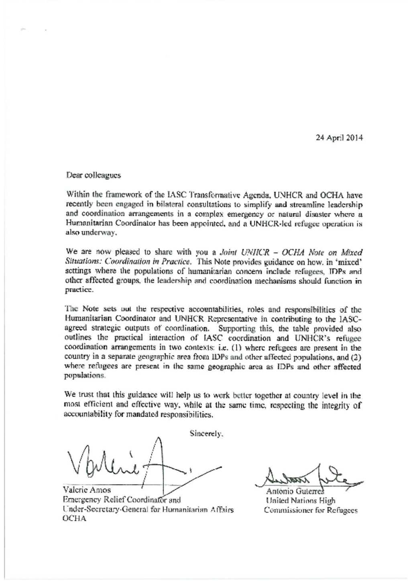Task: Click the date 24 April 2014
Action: click(x=339, y=138)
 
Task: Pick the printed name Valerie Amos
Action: click(x=87, y=490)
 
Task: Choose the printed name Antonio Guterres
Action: click(x=295, y=491)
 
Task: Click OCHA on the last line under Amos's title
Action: click(x=74, y=519)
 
